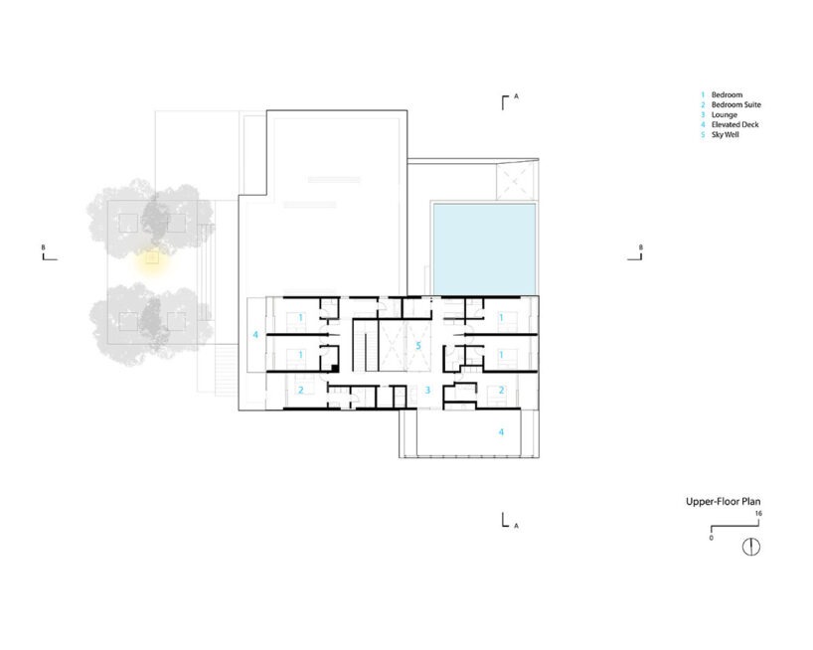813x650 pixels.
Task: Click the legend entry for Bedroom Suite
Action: (735, 104)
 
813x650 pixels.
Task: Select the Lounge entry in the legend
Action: (725, 114)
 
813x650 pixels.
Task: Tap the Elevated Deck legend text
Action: (734, 124)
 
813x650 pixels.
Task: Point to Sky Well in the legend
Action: (725, 135)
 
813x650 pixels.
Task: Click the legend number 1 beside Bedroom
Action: (703, 94)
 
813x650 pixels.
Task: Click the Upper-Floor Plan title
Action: (723, 501)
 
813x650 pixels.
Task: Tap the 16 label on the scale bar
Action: (758, 513)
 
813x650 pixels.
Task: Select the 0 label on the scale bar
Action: (711, 538)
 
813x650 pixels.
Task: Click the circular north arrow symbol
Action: (751, 547)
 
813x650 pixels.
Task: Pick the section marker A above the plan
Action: (516, 95)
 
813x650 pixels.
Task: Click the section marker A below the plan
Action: (516, 526)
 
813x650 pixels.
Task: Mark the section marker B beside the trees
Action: (44, 247)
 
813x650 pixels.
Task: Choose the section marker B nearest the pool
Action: (640, 247)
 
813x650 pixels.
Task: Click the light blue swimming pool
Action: (484, 248)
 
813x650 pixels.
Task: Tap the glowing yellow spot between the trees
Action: (152, 257)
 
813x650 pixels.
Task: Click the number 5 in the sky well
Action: (418, 346)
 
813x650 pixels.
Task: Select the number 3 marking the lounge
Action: (427, 390)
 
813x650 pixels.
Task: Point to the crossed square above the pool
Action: (514, 180)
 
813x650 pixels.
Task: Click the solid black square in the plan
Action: (336, 368)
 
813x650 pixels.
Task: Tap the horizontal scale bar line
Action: (734, 527)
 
